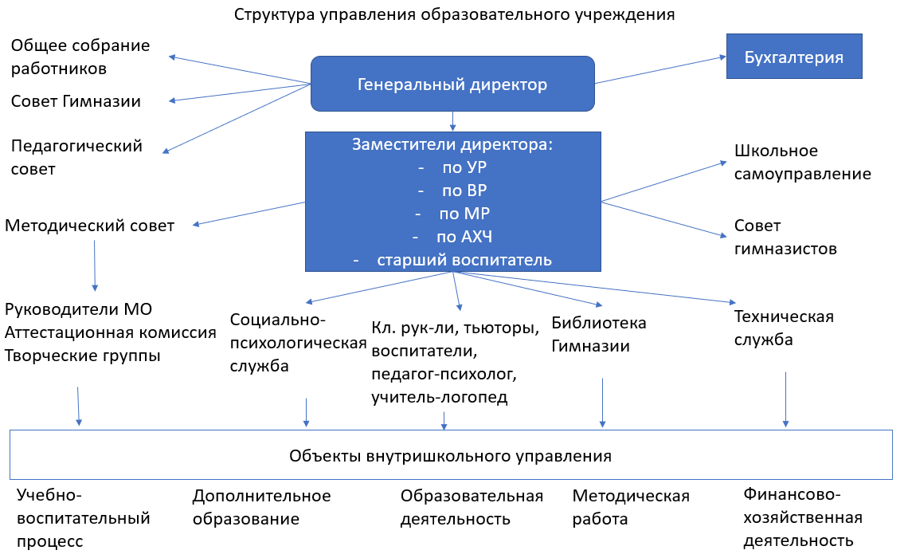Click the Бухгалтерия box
click(794, 57)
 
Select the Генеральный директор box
click(452, 84)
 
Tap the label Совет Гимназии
click(76, 101)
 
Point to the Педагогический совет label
click(76, 157)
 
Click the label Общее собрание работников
click(80, 57)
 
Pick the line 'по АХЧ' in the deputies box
click(452, 237)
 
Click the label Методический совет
click(89, 226)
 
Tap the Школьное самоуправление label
click(802, 162)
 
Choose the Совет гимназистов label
click(785, 237)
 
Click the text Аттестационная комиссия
click(110, 332)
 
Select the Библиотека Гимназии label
click(598, 335)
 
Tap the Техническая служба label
click(783, 328)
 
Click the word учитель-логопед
click(439, 397)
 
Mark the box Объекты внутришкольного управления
click(450, 456)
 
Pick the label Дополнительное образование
click(261, 507)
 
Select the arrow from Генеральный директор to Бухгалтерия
click(657, 69)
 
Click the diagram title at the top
click(454, 14)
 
